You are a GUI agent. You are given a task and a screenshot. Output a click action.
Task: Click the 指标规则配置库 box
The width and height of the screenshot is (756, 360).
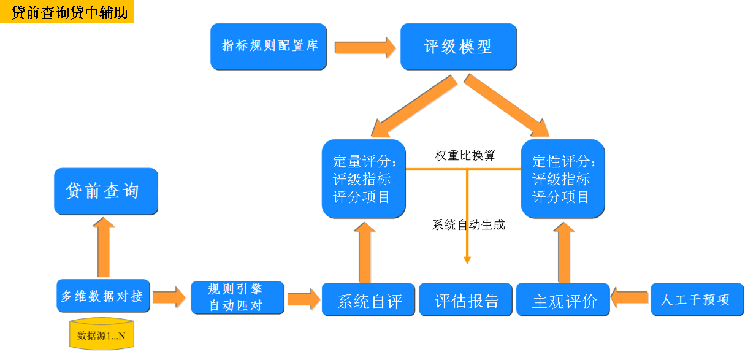[x=269, y=47]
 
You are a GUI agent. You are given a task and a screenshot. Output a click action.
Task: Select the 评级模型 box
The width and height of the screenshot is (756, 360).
[x=458, y=47]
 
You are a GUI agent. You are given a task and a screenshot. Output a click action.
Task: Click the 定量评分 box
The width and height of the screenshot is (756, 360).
[x=364, y=178]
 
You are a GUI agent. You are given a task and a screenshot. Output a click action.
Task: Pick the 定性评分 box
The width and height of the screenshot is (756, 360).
[x=562, y=178]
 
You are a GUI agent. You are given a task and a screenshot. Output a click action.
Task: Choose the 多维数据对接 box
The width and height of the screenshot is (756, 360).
[x=102, y=296]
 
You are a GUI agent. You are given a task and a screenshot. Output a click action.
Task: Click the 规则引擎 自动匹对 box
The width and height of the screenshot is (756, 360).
[x=238, y=297]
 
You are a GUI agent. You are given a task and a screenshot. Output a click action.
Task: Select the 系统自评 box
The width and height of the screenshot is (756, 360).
[x=370, y=300]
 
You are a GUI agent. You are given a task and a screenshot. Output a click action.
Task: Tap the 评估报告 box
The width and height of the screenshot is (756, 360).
[x=466, y=300]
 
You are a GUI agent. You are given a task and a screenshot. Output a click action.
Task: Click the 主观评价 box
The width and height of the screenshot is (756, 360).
[x=563, y=300]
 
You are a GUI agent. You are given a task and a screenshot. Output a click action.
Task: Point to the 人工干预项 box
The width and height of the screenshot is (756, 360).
[x=697, y=300]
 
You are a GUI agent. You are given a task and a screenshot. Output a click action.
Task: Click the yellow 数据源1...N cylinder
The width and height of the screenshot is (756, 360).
[x=102, y=334]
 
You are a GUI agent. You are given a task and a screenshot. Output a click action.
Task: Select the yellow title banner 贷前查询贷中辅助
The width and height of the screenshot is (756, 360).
[x=67, y=12]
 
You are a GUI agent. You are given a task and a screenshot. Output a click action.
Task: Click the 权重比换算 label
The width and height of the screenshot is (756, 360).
[x=465, y=155]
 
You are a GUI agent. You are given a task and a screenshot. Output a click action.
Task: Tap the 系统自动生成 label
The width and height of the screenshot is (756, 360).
[x=468, y=224]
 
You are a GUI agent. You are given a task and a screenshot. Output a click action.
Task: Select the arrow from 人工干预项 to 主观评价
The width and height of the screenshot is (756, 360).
[x=630, y=299]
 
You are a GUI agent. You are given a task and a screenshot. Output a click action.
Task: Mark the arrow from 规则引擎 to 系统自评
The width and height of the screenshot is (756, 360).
[x=304, y=299]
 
